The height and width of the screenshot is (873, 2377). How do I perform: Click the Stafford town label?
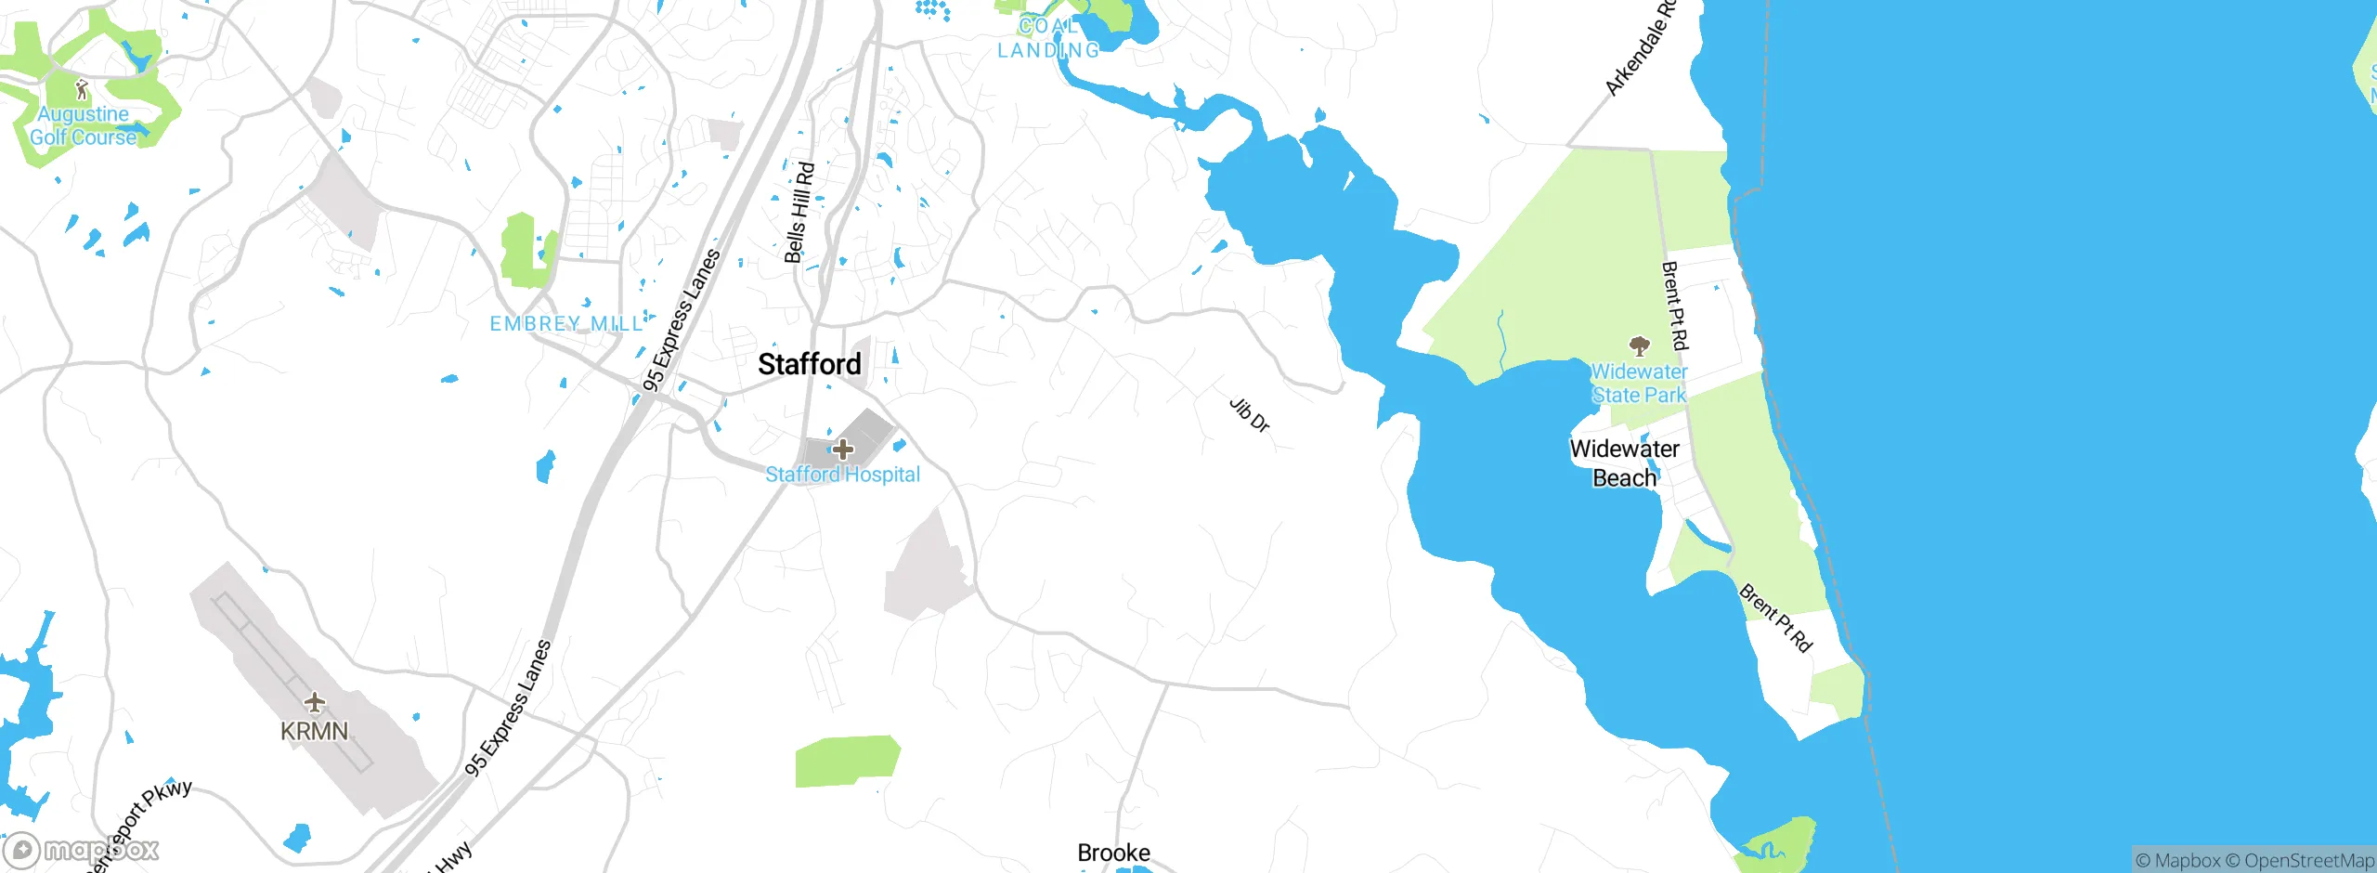(810, 364)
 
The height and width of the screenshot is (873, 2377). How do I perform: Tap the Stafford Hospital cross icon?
(842, 450)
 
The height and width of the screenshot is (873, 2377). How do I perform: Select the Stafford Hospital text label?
(842, 475)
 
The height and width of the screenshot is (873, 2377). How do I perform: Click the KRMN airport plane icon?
(315, 702)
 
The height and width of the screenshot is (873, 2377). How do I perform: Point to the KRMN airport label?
(315, 732)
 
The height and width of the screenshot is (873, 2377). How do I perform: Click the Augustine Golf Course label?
(83, 125)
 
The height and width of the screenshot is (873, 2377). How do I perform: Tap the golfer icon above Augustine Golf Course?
(82, 90)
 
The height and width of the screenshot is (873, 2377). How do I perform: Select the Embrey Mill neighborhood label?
(566, 324)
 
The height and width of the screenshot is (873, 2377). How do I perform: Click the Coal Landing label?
(1048, 38)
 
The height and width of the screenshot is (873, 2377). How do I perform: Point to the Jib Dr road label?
(1250, 415)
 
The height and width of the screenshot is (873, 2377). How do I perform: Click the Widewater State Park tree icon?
(1640, 346)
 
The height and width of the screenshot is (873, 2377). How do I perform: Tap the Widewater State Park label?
(1639, 384)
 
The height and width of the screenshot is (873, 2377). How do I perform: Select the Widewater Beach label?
(1625, 463)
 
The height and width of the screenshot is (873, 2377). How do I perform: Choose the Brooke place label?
(1113, 853)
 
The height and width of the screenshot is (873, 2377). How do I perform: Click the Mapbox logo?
(81, 850)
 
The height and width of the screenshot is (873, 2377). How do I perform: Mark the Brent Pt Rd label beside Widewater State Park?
(1675, 306)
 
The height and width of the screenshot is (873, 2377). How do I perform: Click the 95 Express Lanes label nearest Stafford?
(682, 319)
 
